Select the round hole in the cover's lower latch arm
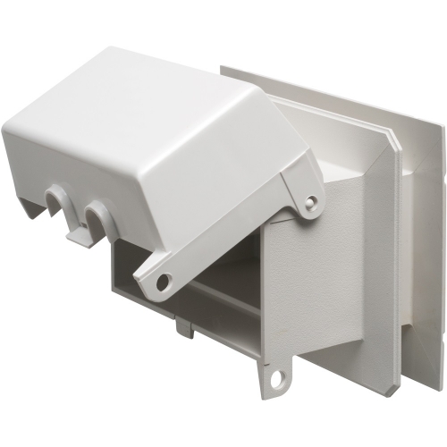tap(164, 282)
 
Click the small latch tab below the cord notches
tap(78, 235)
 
